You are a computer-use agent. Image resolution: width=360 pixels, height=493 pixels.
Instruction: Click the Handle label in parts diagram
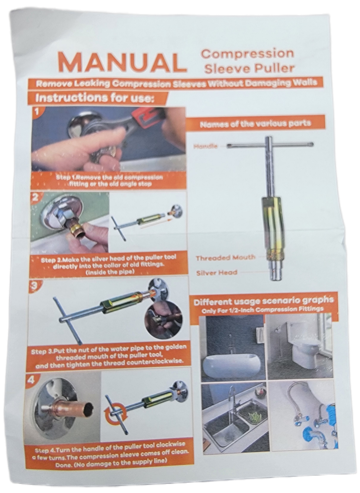click(x=205, y=146)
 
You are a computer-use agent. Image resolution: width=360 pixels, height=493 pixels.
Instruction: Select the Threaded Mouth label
click(x=226, y=257)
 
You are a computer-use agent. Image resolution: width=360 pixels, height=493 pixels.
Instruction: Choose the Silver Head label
click(x=217, y=272)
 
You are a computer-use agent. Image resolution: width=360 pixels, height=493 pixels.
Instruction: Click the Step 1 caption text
click(x=110, y=181)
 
